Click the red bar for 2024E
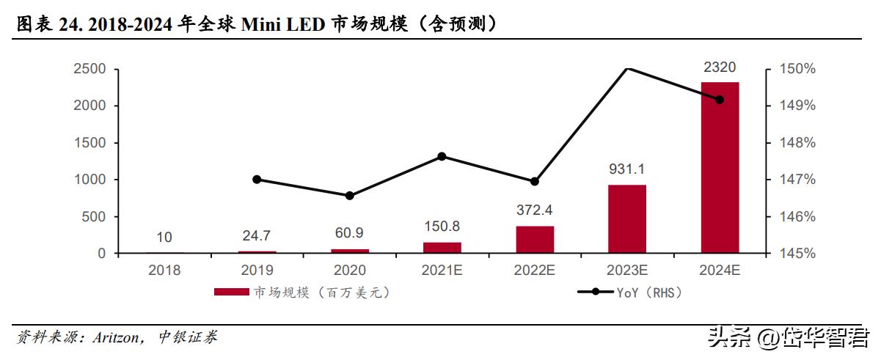click(x=720, y=167)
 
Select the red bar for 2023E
click(x=627, y=218)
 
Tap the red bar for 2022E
click(x=535, y=239)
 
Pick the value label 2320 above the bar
click(x=720, y=67)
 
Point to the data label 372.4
click(x=534, y=211)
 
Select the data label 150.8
click(x=442, y=227)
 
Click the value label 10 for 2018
click(x=164, y=237)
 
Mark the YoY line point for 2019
click(x=257, y=180)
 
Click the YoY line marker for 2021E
click(x=442, y=156)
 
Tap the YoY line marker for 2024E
click(x=719, y=100)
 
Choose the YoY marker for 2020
click(x=349, y=196)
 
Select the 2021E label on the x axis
click(x=442, y=270)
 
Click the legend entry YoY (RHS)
click(x=649, y=293)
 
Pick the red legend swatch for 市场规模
click(x=231, y=293)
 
